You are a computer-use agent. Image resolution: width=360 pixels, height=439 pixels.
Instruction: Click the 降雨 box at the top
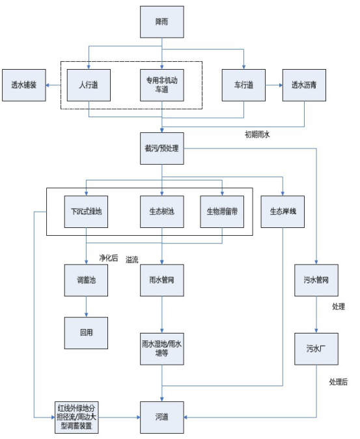click(162, 22)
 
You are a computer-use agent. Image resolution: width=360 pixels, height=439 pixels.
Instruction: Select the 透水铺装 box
click(24, 85)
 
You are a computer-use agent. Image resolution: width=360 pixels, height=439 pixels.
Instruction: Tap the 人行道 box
click(89, 85)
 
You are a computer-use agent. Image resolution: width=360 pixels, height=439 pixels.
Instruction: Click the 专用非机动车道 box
click(162, 85)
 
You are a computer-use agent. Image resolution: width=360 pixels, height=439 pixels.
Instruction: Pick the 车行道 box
click(243, 85)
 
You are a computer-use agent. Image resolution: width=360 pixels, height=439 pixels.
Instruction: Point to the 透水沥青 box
click(304, 85)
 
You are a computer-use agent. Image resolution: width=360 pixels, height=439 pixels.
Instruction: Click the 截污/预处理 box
click(162, 149)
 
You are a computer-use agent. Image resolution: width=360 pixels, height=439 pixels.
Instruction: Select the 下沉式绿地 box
click(86, 212)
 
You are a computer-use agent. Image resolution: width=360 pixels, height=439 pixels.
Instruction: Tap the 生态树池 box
click(162, 212)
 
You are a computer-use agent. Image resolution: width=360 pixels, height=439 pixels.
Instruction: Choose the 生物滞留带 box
click(222, 212)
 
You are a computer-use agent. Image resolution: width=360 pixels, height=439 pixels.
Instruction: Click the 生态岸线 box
click(283, 212)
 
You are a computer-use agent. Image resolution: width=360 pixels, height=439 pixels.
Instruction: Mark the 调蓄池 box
click(86, 280)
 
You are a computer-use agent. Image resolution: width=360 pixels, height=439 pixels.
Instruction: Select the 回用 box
click(86, 333)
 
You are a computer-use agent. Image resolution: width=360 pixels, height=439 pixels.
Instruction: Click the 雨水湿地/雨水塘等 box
click(162, 349)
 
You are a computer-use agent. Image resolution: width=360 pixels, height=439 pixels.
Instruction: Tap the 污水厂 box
click(316, 349)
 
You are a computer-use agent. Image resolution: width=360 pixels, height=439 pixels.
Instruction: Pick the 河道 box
click(162, 417)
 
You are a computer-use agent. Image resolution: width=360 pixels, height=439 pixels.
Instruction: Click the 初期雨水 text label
click(257, 135)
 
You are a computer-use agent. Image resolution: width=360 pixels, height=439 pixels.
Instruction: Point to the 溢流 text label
click(132, 259)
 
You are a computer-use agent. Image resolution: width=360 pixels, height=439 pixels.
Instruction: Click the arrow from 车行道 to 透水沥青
click(274, 85)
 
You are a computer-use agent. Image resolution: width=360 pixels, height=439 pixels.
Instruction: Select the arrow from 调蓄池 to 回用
click(86, 307)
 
